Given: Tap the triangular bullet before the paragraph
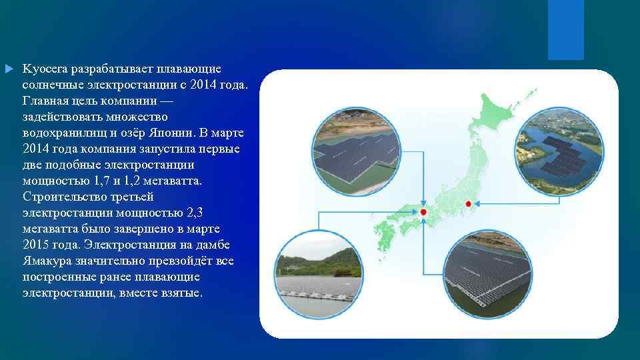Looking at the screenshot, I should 8,69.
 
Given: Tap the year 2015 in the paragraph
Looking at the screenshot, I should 35,244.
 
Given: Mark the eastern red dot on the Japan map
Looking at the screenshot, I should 468,203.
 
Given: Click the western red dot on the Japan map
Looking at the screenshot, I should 423,212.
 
